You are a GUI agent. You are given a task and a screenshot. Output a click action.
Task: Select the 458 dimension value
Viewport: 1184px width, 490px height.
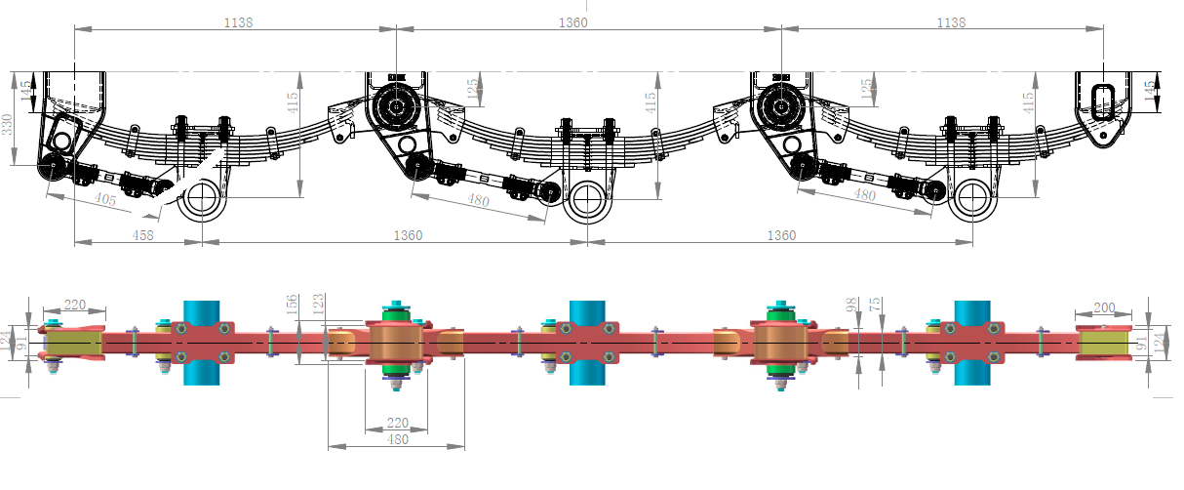(141, 235)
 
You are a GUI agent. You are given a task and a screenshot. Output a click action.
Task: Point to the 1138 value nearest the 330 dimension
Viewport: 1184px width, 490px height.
(236, 22)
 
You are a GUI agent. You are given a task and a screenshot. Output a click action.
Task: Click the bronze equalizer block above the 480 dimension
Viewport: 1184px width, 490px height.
(394, 343)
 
